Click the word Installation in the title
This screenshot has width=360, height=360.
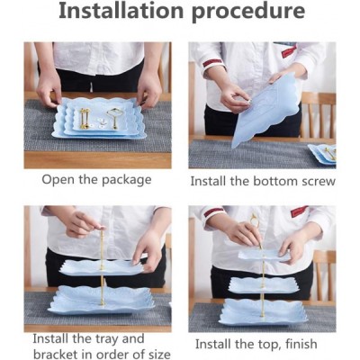(x=121, y=11)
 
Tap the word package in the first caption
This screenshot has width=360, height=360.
(x=127, y=181)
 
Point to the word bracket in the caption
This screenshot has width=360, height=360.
(x=55, y=354)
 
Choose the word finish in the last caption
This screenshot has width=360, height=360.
(x=301, y=344)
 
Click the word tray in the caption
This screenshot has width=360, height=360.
(x=106, y=339)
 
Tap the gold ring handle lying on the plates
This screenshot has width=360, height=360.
(x=115, y=118)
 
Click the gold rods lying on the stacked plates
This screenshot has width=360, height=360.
(x=85, y=119)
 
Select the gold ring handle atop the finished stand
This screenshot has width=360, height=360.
(x=254, y=220)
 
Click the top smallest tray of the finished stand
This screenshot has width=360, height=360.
(x=265, y=255)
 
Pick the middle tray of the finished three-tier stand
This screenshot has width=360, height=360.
(x=265, y=285)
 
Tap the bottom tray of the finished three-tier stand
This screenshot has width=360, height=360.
(x=264, y=312)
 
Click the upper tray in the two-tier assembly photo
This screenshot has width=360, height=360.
(x=101, y=267)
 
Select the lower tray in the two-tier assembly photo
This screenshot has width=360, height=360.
(x=102, y=300)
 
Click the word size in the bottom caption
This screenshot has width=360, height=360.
(x=158, y=355)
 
